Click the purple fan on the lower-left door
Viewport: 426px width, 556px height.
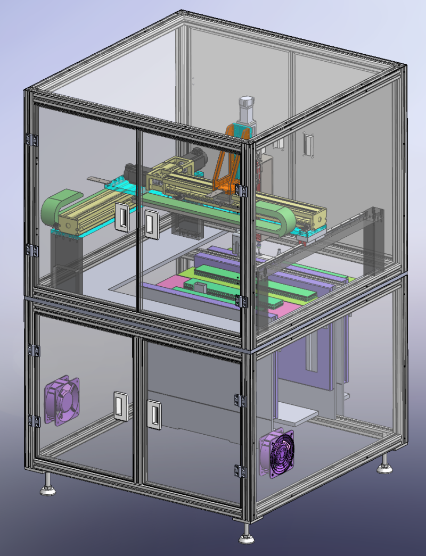pyautogui.click(x=61, y=401)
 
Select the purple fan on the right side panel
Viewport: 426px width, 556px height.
pyautogui.click(x=277, y=453)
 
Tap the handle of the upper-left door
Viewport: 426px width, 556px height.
pyautogui.click(x=122, y=217)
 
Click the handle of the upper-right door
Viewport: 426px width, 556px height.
pyautogui.click(x=151, y=224)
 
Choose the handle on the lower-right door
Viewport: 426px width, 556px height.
pyautogui.click(x=154, y=413)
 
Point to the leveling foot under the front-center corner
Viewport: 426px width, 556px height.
pyautogui.click(x=245, y=537)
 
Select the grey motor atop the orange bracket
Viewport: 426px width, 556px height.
pyautogui.click(x=245, y=110)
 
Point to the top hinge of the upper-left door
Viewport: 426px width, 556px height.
pyautogui.click(x=32, y=140)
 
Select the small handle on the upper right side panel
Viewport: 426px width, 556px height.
pyautogui.click(x=306, y=144)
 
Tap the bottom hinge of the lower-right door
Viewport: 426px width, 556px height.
pyautogui.click(x=240, y=470)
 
